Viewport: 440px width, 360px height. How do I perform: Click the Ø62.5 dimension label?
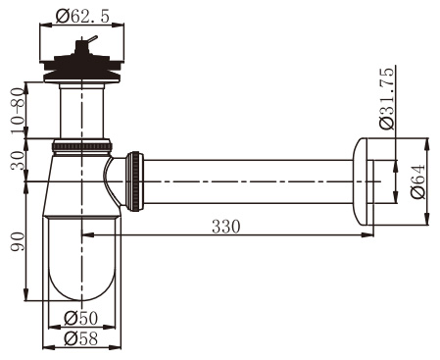point(82,16)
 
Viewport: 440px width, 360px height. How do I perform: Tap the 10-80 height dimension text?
point(18,111)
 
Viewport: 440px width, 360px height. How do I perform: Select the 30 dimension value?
point(18,161)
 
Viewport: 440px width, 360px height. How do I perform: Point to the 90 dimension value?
point(18,241)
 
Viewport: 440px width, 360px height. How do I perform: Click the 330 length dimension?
point(226,227)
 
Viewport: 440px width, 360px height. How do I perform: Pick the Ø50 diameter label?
point(81,318)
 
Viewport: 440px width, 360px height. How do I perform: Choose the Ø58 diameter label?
point(81,338)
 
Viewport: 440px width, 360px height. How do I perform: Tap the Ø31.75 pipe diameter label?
point(387,99)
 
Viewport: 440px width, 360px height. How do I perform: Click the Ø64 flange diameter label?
point(418,180)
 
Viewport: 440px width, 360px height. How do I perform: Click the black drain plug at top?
point(81,65)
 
